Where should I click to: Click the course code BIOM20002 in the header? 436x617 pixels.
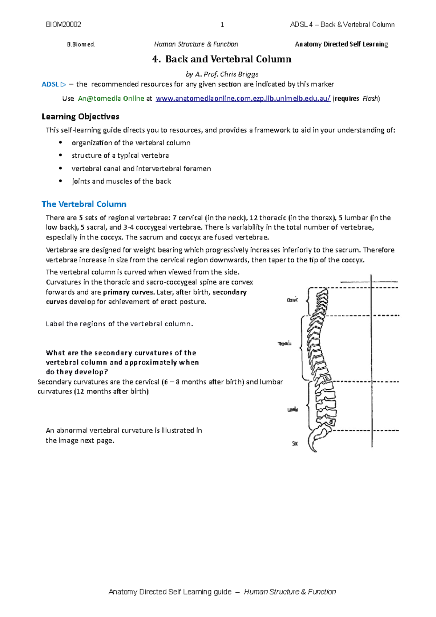64,25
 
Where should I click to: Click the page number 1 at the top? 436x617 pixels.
222,25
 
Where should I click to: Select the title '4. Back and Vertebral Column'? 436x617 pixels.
222,59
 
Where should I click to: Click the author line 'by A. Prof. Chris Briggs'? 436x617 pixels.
222,74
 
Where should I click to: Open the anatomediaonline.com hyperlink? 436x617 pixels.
243,98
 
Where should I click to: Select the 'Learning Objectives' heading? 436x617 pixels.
80,117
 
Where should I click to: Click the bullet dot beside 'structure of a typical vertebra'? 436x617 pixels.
61,156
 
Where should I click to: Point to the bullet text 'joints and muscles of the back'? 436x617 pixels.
121,181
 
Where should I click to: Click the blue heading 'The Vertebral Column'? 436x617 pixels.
84,204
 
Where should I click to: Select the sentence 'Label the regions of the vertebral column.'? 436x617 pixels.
119,324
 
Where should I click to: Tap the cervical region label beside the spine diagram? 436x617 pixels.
292,300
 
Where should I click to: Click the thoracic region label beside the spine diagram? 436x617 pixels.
284,344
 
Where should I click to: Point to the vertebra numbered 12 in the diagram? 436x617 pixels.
326,378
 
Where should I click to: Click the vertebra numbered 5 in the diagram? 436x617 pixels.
331,422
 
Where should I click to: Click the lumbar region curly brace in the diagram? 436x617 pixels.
308,405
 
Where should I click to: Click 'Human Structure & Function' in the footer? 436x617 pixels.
290,592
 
